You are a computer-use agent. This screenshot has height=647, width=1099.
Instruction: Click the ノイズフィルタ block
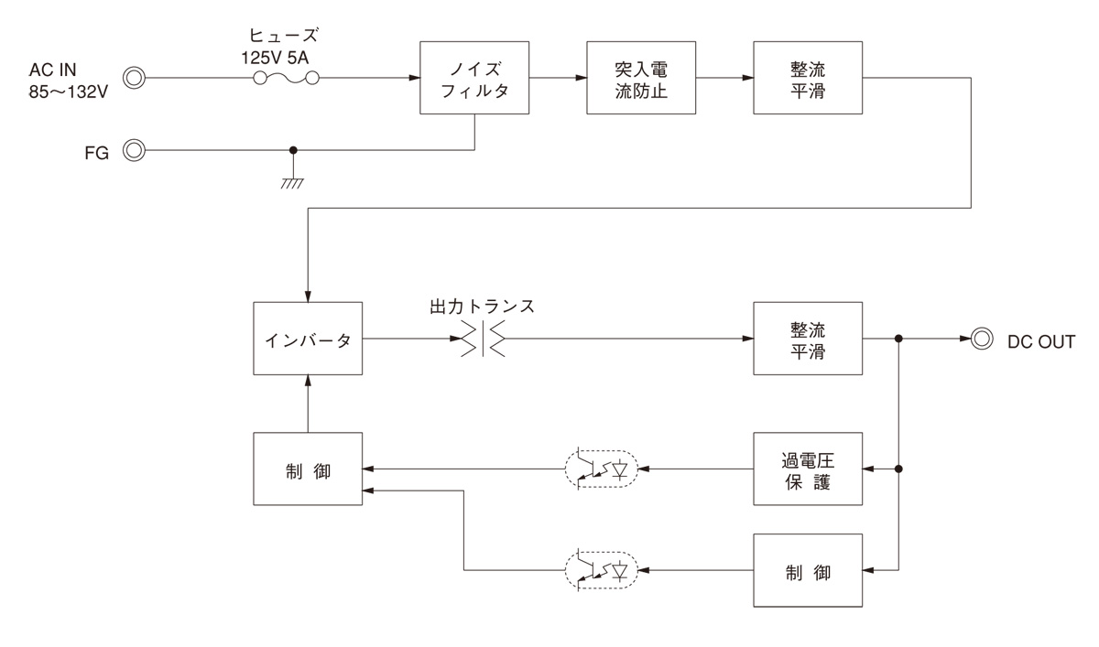pos(474,78)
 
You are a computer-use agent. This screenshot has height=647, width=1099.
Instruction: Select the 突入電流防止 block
pos(641,78)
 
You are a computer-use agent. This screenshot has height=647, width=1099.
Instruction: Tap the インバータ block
pos(308,339)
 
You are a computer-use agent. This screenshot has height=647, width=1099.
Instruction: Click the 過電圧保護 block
pos(808,469)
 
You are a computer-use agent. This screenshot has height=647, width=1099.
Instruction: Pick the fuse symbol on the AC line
pos(286,79)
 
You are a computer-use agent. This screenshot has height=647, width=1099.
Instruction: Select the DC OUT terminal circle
pos(983,339)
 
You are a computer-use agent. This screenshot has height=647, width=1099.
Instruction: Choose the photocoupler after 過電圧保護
pos(599,469)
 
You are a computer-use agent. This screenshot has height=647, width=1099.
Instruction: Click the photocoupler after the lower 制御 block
pos(599,570)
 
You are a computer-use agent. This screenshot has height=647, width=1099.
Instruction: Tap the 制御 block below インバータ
pos(308,469)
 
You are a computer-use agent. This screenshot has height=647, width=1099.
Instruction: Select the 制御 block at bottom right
pos(808,570)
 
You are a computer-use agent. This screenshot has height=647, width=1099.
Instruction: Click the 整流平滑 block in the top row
pos(808,78)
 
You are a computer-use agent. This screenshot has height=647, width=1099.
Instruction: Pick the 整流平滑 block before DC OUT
pos(808,339)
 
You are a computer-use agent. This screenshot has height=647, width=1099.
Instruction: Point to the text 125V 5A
pos(286,55)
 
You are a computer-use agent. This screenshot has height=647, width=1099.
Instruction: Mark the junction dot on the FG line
pos(293,151)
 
